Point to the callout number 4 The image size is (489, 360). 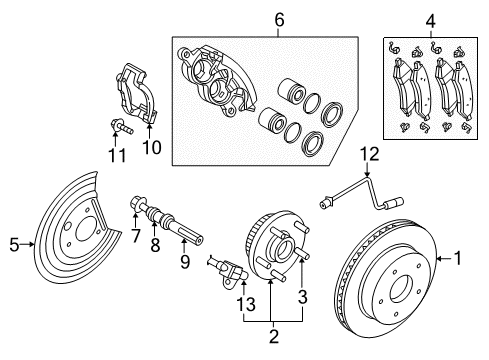pyautogui.click(x=429, y=19)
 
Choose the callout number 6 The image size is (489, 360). pyautogui.click(x=251, y=19)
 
